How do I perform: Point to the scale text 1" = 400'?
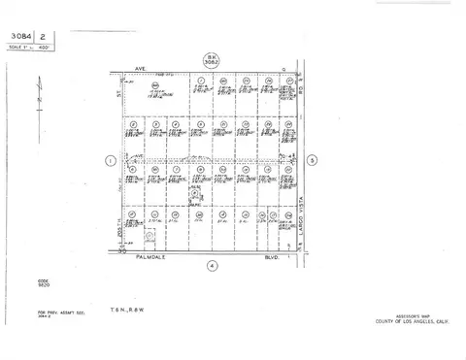[x=29, y=48]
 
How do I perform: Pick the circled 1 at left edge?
[x=112, y=160]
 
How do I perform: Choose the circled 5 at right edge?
[x=312, y=160]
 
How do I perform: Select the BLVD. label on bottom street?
[x=274, y=256]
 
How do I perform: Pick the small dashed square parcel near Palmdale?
[x=149, y=235]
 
